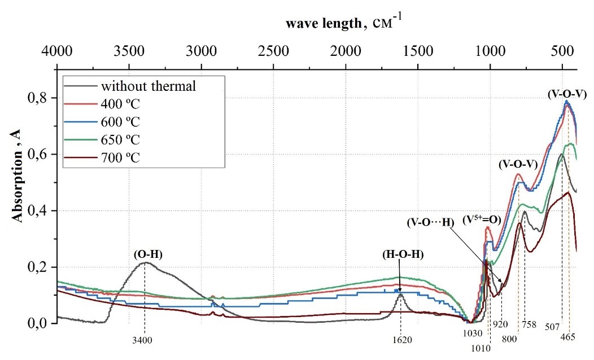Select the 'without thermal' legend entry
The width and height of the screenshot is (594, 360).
[148, 86]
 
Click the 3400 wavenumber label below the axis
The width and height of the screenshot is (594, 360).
[145, 340]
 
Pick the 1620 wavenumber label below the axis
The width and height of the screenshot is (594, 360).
[401, 340]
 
